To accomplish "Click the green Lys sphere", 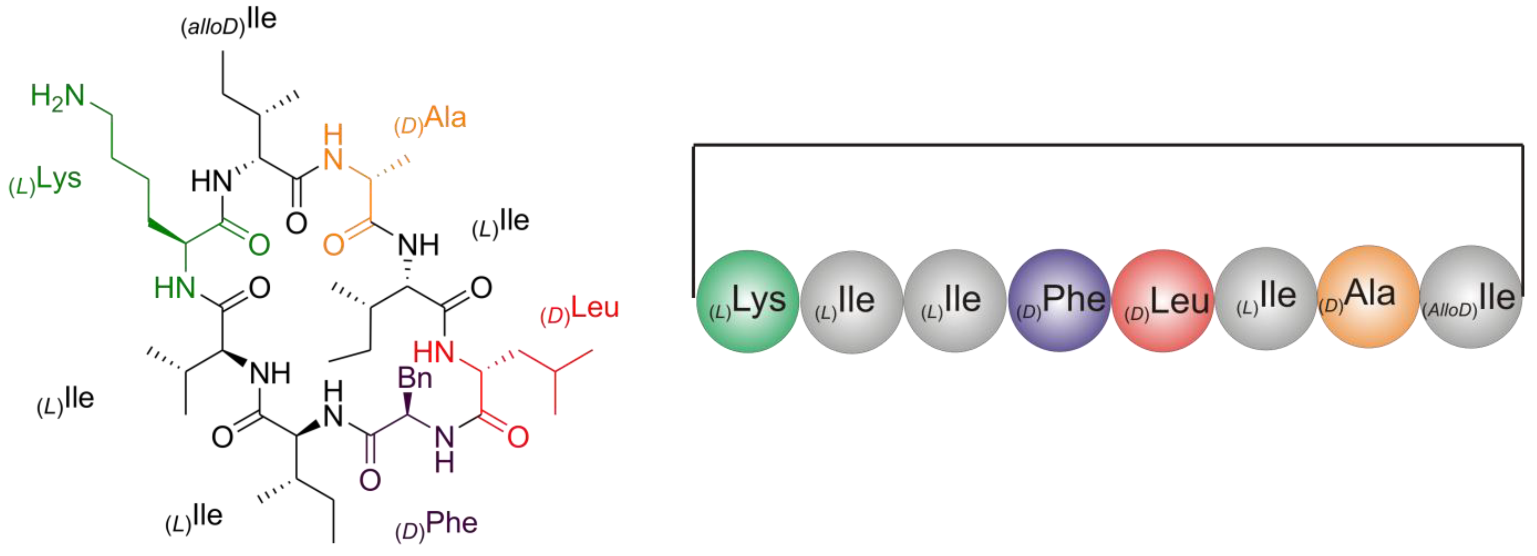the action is (747, 302).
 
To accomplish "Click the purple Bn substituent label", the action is (415, 378).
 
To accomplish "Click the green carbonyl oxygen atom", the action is (259, 245).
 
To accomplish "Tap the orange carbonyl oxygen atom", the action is (333, 245).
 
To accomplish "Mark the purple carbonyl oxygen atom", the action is (370, 480).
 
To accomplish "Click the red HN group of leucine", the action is (434, 352).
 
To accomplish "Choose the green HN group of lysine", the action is (174, 288).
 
